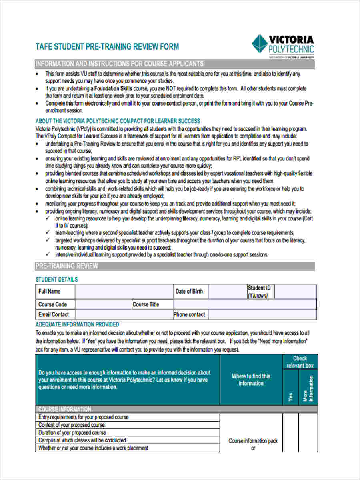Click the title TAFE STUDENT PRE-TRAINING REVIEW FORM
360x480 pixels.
107,47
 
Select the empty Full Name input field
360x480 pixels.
123,292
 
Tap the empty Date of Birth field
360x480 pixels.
227,292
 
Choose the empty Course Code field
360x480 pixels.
103,304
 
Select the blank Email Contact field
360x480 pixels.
123,314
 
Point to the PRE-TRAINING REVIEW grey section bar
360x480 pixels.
175,266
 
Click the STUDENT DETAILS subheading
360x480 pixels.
57,279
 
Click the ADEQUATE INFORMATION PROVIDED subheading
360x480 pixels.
77,324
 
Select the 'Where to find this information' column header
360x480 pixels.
251,380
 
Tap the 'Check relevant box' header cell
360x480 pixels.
300,362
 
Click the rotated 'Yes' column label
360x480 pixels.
290,396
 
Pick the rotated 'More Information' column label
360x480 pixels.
308,388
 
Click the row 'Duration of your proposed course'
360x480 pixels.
72,432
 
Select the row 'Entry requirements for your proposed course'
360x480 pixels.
83,417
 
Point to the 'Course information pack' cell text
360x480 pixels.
253,441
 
